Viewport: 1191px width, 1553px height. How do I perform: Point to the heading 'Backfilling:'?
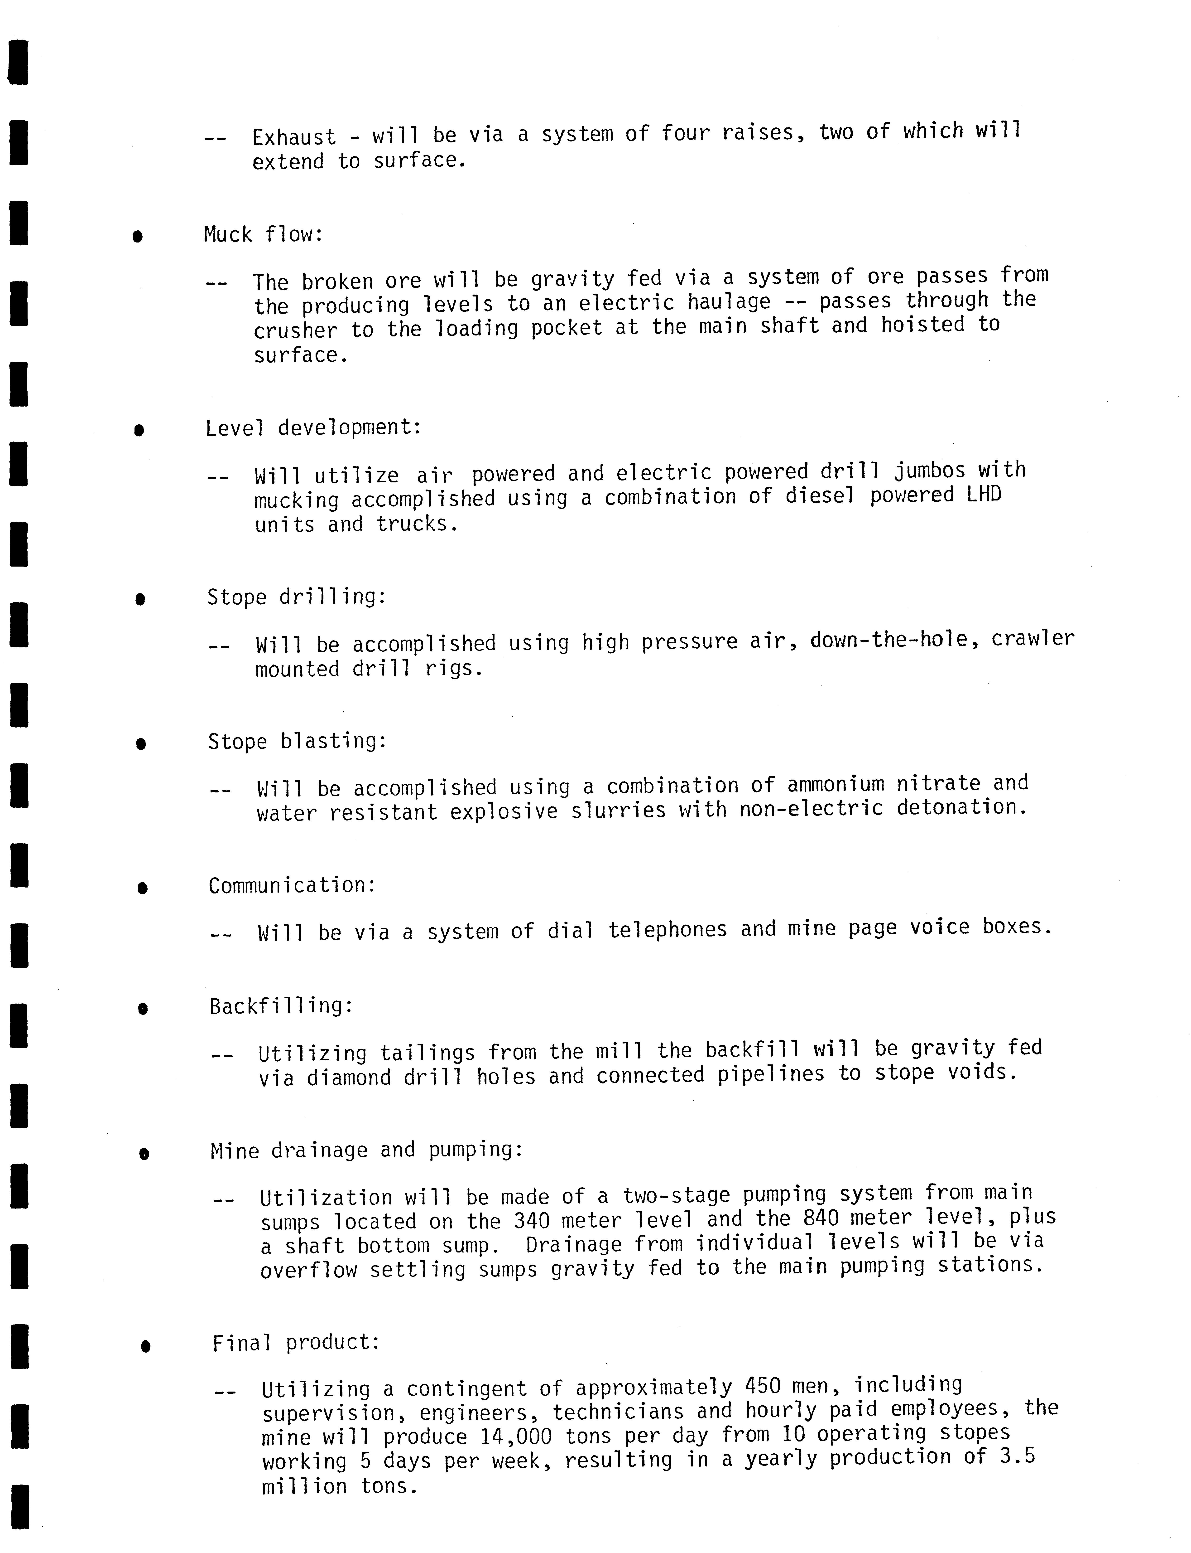tap(281, 1005)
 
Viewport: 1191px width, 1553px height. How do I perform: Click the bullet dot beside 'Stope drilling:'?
tap(140, 600)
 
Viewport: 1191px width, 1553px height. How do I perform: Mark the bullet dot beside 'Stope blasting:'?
tap(141, 744)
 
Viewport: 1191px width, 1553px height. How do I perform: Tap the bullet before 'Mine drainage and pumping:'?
tap(144, 1154)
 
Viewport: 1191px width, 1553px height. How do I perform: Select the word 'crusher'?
tap(296, 330)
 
